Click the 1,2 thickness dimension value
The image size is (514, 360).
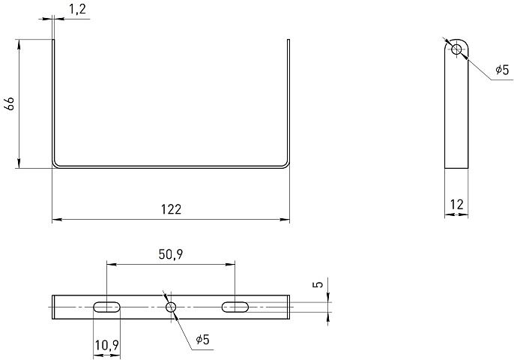(x=78, y=9)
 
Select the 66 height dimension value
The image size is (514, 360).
(x=10, y=103)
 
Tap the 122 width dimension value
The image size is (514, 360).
(x=171, y=209)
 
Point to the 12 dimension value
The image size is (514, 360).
(x=456, y=205)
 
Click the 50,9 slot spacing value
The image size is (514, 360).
(x=171, y=254)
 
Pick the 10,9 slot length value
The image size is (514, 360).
(x=107, y=345)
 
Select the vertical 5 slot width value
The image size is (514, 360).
(x=318, y=283)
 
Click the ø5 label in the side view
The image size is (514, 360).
(x=502, y=70)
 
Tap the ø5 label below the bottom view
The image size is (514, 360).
(x=202, y=340)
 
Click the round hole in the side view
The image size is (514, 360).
(x=456, y=49)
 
